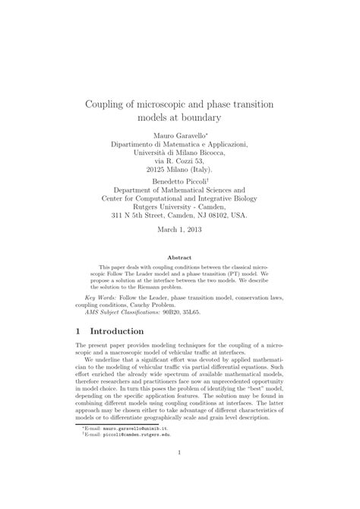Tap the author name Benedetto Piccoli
[178, 183]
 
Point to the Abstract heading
[180, 258]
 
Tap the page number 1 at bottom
[180, 476]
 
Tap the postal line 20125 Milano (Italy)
[180, 170]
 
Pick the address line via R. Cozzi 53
[180, 161]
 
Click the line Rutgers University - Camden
[180, 204]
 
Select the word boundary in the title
[200, 119]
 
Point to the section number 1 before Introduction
[80, 332]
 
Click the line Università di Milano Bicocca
[180, 151]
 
